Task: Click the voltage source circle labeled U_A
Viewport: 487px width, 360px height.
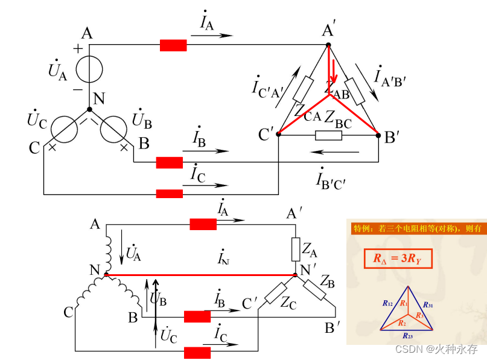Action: pos(89,67)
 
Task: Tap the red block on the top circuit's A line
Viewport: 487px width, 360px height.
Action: pos(173,45)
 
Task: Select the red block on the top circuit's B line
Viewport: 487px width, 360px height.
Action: pos(170,162)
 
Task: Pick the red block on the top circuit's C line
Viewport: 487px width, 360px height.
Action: pos(170,194)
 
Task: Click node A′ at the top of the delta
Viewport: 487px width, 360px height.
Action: pos(328,44)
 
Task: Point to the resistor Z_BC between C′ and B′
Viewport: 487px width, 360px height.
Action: pos(328,135)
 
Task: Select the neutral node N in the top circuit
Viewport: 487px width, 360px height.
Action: pos(89,109)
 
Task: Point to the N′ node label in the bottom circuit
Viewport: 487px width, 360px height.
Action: pos(308,269)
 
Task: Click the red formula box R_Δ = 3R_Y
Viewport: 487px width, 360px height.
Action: pos(398,259)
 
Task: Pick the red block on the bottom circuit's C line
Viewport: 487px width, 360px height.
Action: pos(197,353)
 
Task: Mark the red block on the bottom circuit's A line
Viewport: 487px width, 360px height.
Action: pos(203,225)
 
